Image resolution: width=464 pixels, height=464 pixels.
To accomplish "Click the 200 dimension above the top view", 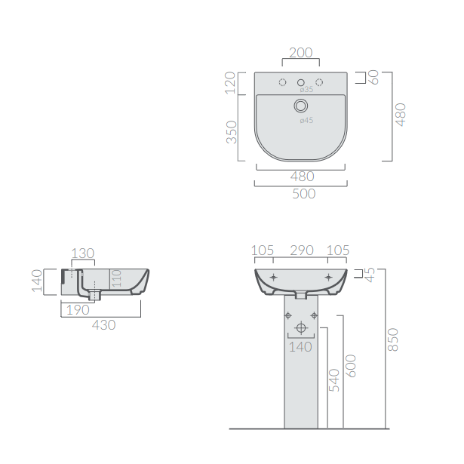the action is (300, 53).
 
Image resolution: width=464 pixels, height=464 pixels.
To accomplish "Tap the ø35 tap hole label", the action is (306, 89).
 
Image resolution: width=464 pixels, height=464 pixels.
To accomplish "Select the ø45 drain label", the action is (306, 120).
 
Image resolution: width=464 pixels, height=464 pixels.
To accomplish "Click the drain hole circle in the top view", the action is (301, 106).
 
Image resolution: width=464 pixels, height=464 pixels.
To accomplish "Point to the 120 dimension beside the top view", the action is (230, 83).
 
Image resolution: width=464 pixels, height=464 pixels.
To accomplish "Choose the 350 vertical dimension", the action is (232, 132).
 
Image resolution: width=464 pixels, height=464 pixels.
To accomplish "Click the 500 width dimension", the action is (304, 194).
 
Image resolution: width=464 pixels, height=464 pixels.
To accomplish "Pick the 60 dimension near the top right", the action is (373, 77).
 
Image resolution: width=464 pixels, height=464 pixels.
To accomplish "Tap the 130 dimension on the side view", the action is (83, 254).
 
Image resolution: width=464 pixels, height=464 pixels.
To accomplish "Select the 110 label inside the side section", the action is (117, 278).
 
